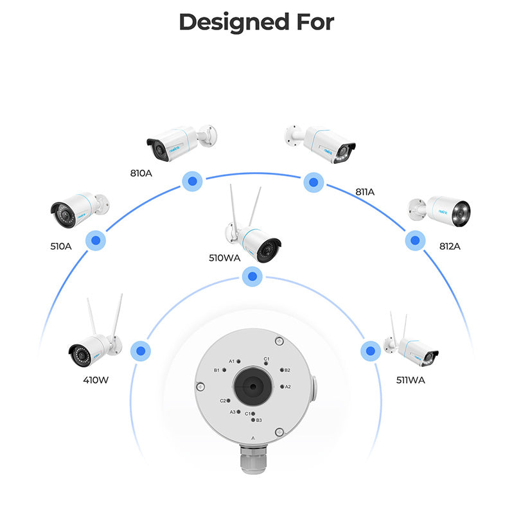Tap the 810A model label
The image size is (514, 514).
[x=141, y=173]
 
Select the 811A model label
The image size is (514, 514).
[x=364, y=191]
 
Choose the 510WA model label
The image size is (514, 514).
[x=225, y=258]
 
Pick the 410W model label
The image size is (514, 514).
[x=95, y=380]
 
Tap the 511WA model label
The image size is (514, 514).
[x=410, y=380]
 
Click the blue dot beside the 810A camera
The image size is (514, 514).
[x=191, y=181]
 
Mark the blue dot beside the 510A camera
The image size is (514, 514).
[x=96, y=241]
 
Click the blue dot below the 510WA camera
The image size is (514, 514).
[x=253, y=277]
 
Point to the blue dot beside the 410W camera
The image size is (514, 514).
[x=140, y=351]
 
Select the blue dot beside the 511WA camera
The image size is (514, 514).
[x=369, y=351]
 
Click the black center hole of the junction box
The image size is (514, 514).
[x=251, y=386]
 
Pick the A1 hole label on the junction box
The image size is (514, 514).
[x=232, y=361]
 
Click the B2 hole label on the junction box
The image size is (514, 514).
[x=287, y=370]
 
